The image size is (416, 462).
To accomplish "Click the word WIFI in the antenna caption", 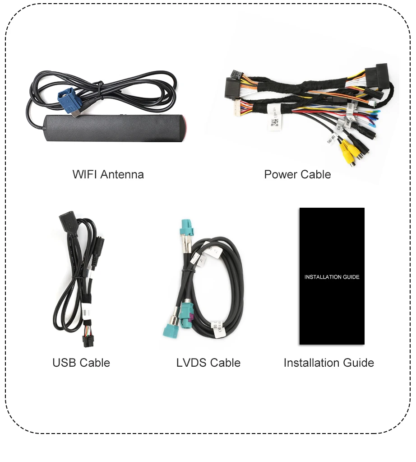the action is click(x=84, y=174).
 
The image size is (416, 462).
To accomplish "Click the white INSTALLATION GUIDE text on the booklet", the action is click(x=332, y=277).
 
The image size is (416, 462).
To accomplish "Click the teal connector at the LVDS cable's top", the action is click(x=187, y=228).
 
